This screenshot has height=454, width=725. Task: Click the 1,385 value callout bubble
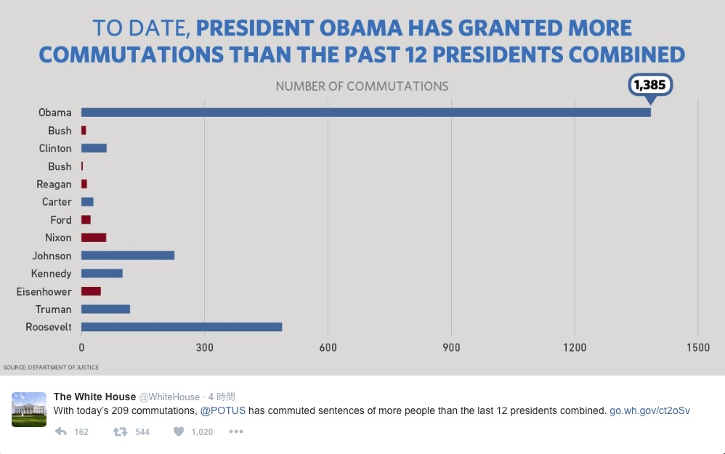[649, 84]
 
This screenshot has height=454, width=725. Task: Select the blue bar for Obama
[365, 113]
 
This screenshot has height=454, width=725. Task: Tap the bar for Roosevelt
[182, 327]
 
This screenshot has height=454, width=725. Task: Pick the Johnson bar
[128, 256]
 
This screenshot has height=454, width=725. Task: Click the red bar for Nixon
[94, 238]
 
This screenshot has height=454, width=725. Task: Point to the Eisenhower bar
[91, 291]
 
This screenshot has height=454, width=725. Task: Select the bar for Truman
[105, 309]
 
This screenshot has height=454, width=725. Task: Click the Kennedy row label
[51, 274]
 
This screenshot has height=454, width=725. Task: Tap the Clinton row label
[55, 148]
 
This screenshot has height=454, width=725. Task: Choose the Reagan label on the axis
[54, 185]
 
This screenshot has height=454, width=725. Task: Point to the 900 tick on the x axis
[452, 348]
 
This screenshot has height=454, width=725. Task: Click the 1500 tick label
[698, 348]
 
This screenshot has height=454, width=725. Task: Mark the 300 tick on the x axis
[205, 348]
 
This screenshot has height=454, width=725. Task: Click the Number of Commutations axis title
[362, 86]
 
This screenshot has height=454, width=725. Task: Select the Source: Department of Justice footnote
[51, 368]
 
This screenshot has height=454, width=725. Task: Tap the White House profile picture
[29, 409]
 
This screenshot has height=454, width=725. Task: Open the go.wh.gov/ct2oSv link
[649, 410]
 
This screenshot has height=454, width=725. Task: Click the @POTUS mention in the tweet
[222, 410]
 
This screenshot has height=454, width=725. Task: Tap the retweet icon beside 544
[120, 431]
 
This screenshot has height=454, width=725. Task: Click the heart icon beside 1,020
[178, 431]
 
